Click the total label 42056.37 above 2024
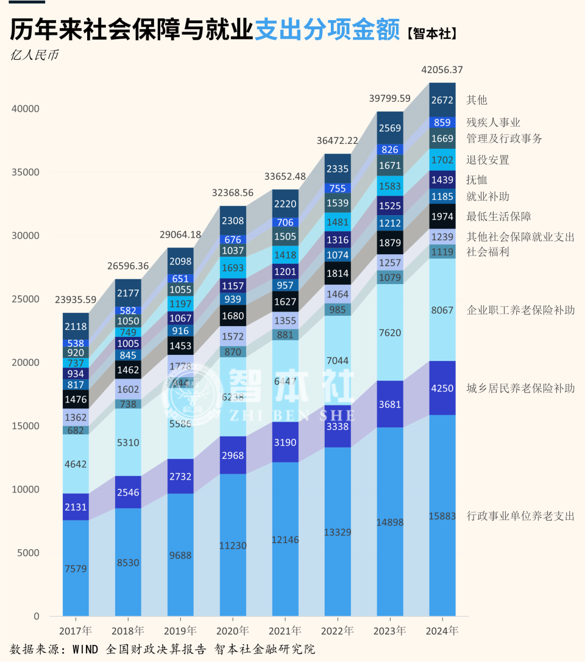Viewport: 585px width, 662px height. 442,70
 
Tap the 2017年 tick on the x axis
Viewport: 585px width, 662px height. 76,630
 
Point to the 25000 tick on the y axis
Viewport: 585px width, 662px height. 25,299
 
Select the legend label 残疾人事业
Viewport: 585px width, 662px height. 493,123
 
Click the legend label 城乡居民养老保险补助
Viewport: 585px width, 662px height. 520,388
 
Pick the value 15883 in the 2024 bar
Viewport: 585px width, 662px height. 442,516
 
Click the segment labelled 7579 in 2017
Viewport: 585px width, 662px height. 76,569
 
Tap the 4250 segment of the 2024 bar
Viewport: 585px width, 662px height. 442,388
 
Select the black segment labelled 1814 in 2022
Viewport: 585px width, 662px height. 338,274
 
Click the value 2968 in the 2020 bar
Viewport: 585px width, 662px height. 233,455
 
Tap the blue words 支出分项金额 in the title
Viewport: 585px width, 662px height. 327,30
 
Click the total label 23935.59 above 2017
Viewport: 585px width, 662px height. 76,300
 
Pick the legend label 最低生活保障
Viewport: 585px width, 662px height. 498,216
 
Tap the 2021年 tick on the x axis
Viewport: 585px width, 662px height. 285,630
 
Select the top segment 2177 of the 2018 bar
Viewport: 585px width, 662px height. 128,293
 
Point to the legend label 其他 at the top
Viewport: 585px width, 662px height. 477,100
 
